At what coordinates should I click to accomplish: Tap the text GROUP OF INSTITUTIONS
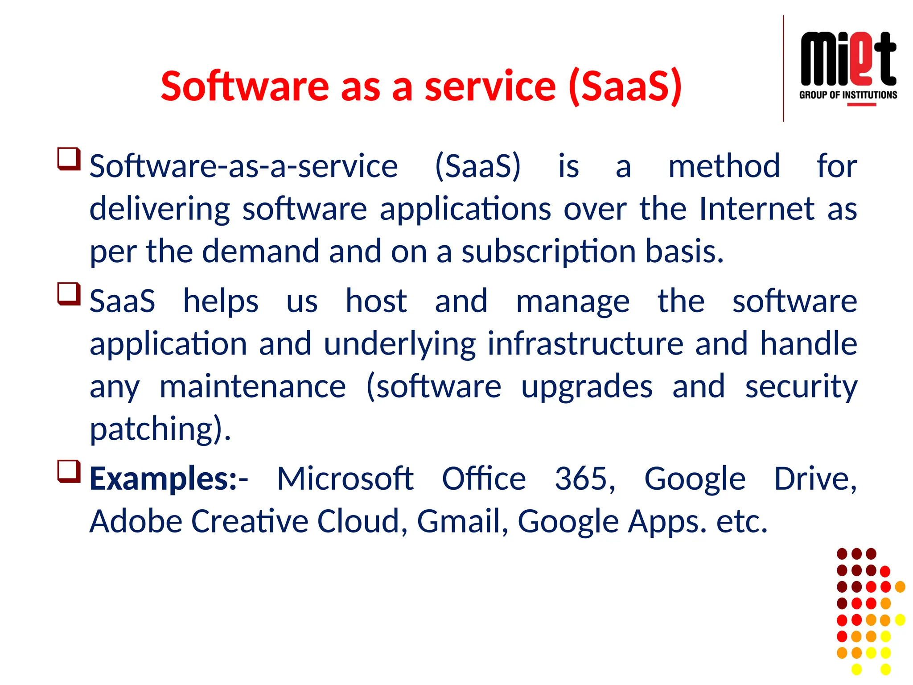point(848,95)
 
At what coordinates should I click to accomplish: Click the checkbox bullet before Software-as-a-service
point(69,159)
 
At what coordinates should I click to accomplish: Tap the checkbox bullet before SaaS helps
point(69,294)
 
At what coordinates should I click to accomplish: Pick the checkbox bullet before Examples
point(69,471)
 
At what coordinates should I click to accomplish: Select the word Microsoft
point(345,479)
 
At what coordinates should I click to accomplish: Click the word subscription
point(548,252)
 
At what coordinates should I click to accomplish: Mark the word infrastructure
point(585,344)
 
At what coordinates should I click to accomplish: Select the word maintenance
point(252,386)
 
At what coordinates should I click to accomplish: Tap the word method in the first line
point(724,166)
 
